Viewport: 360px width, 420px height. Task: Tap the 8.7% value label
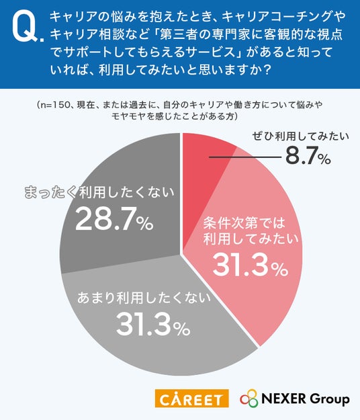(308, 156)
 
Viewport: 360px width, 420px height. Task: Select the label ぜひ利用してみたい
(301, 136)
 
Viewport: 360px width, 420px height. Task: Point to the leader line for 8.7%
(245, 157)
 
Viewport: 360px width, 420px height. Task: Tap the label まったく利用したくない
(99, 192)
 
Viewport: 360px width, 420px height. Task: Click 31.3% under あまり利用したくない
(153, 325)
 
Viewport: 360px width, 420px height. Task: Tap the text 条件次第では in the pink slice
(244, 224)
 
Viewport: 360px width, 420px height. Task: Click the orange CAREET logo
(191, 398)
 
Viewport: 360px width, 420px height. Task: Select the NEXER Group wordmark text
(306, 398)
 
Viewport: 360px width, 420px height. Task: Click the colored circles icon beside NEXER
(249, 398)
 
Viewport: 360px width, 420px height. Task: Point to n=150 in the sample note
(54, 105)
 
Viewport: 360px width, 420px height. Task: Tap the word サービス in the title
(210, 52)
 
